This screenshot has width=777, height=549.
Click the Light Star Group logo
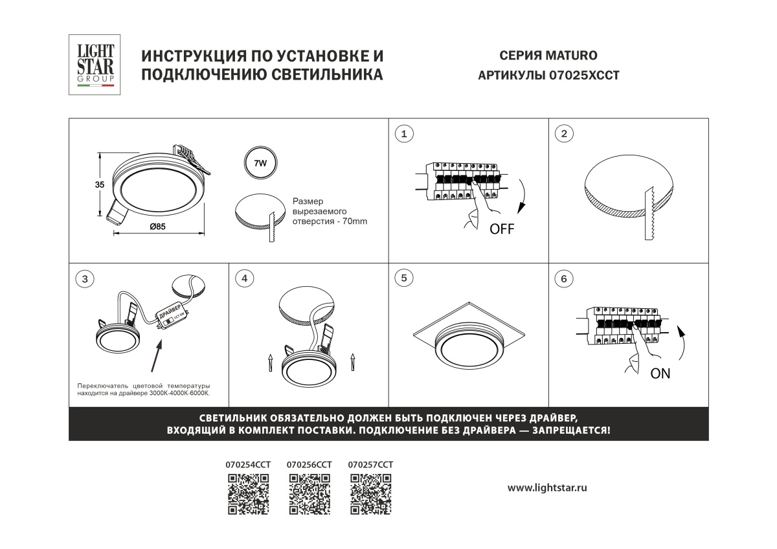pos(95,65)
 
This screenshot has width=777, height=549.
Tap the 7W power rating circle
pos(260,162)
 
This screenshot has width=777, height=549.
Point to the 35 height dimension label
pos(100,185)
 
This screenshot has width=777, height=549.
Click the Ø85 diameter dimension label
pos(158,227)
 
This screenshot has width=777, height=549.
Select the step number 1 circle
pos(404,134)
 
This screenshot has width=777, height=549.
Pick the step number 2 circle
pos(564,133)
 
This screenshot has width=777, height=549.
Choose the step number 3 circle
pos(85,279)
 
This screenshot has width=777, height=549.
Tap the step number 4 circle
pos(245,278)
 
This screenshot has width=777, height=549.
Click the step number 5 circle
pos(404,278)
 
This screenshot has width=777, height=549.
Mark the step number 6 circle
pos(564,278)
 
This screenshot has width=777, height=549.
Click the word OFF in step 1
pos(502,229)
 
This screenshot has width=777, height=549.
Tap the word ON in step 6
pos(660,374)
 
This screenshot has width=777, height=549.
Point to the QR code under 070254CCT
pos(249,494)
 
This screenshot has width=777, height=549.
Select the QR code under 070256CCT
pos(310,494)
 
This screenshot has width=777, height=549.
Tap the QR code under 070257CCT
pos(371,494)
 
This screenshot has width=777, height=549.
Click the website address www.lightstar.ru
pos(547,488)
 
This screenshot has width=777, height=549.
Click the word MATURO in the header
pos(571,56)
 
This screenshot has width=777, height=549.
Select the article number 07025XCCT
pos(584,76)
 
